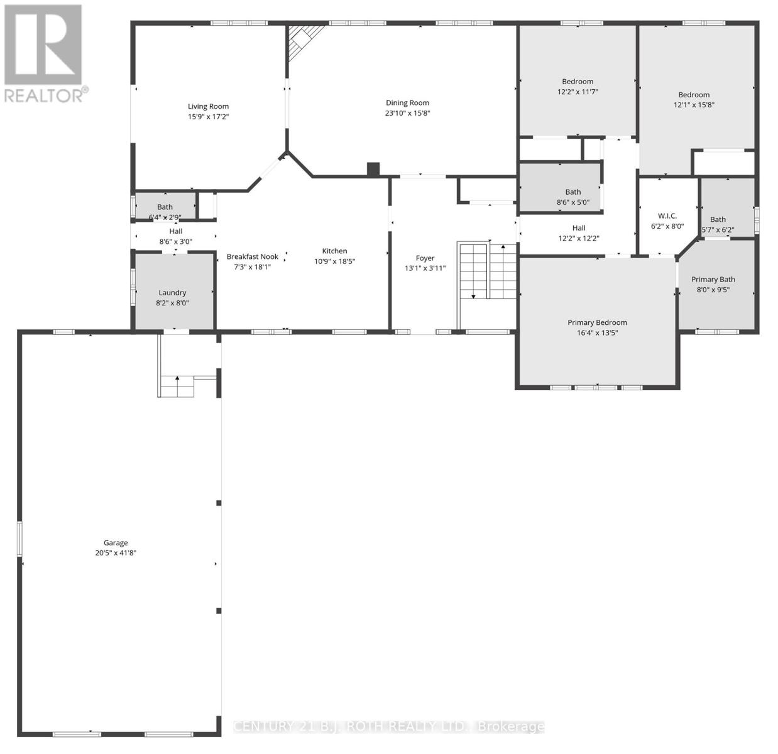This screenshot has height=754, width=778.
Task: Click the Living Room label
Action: [x=208, y=106]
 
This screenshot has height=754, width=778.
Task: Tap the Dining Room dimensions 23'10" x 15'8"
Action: [x=407, y=113]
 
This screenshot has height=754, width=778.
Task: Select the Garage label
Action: [x=116, y=543]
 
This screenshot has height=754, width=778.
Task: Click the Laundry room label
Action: [x=172, y=292]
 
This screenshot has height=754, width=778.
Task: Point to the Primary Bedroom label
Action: [x=597, y=322]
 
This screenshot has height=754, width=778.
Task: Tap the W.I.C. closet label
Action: [x=667, y=216]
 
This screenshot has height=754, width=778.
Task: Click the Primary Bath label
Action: [x=713, y=279]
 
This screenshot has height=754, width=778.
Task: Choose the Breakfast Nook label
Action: [x=252, y=256]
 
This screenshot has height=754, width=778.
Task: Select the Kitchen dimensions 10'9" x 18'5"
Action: [x=334, y=261]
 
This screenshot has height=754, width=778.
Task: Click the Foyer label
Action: [x=425, y=258]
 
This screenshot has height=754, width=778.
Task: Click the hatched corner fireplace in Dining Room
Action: [x=304, y=39]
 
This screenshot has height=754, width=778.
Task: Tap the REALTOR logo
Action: [x=44, y=53]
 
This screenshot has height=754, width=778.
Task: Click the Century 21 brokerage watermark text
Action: [x=388, y=726]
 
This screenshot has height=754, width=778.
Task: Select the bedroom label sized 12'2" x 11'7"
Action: [x=577, y=81]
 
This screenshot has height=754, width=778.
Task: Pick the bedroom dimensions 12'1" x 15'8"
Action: [x=694, y=105]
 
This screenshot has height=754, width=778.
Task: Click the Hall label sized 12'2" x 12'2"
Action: [x=578, y=228]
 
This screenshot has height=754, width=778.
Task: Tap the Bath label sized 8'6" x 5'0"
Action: [x=573, y=192]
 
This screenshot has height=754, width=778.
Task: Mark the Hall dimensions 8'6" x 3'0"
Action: [x=175, y=241]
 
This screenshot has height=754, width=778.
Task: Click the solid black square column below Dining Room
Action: [x=373, y=169]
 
